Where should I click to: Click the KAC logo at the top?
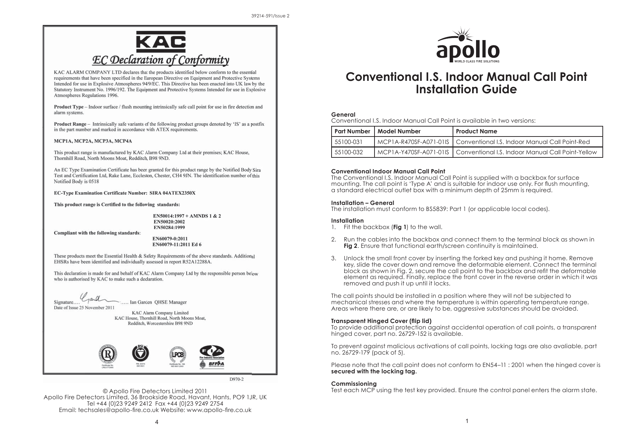161,42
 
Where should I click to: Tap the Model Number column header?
399,131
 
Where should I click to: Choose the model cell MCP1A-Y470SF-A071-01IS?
413,152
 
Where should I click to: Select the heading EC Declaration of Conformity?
161,60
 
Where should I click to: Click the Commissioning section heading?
354,384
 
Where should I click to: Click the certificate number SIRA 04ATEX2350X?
172,193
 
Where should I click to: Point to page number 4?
157,422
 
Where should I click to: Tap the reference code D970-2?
236,379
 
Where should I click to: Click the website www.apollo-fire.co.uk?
219,410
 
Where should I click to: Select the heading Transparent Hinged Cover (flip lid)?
381,321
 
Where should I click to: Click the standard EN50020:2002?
169,222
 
